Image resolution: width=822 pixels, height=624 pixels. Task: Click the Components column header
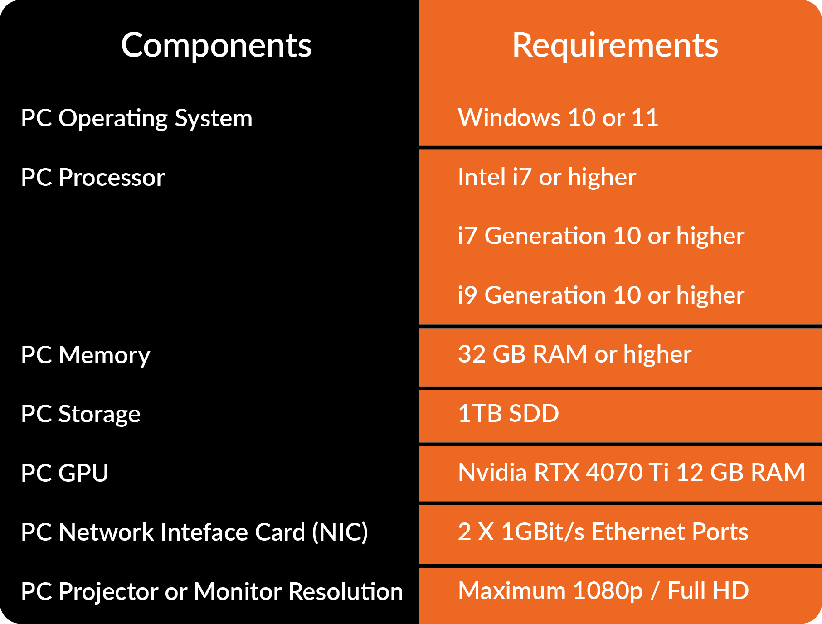click(216, 46)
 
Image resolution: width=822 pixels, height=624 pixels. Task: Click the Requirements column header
click(615, 46)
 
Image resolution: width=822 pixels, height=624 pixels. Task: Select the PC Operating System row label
click(136, 118)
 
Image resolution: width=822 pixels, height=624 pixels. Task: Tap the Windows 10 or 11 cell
click(558, 118)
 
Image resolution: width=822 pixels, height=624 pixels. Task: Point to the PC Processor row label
click(93, 177)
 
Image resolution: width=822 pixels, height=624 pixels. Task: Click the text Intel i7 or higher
click(547, 177)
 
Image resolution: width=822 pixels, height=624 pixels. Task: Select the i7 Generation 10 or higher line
click(601, 236)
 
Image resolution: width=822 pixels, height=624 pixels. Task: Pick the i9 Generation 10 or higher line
click(601, 295)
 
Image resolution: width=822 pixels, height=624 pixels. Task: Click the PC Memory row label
click(86, 355)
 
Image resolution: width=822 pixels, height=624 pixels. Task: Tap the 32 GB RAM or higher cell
click(574, 354)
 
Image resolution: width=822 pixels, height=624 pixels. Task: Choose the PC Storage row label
click(81, 414)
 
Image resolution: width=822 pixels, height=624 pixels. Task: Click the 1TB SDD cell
click(508, 413)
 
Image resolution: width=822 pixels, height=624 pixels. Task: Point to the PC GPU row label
click(65, 473)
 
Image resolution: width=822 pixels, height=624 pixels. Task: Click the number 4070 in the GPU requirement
click(614, 473)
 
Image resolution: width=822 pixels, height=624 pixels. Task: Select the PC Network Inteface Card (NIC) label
click(194, 532)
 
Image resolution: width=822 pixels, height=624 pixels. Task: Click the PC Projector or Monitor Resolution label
click(212, 591)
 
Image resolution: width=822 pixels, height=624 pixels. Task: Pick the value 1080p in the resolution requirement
click(607, 591)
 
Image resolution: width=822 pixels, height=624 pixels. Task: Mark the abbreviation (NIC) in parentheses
click(340, 532)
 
